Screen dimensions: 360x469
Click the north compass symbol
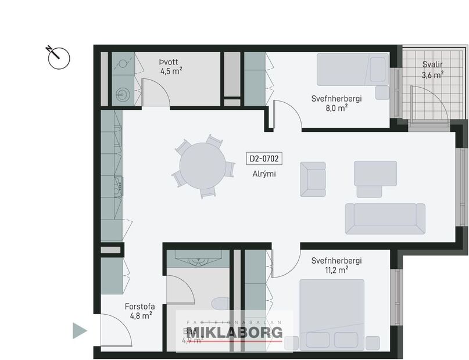pos(59,57)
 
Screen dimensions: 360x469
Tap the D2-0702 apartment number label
pos(264,158)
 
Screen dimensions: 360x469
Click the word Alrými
pos(264,174)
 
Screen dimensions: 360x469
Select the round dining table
pos(202,165)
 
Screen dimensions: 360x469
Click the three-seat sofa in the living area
pos(384,219)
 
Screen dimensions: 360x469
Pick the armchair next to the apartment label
pos(313,179)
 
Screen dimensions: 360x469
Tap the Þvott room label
pos(171,61)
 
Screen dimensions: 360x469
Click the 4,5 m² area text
pos(171,71)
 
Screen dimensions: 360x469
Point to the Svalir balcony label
pos(432,64)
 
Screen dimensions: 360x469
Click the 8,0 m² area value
pos(336,107)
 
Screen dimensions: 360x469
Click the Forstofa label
pos(139,306)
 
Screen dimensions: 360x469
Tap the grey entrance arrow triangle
pos(79,331)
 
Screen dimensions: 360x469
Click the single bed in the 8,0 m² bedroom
pos(352,70)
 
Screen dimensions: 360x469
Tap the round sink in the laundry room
pos(122,94)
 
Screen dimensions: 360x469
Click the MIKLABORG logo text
pos(234,332)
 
